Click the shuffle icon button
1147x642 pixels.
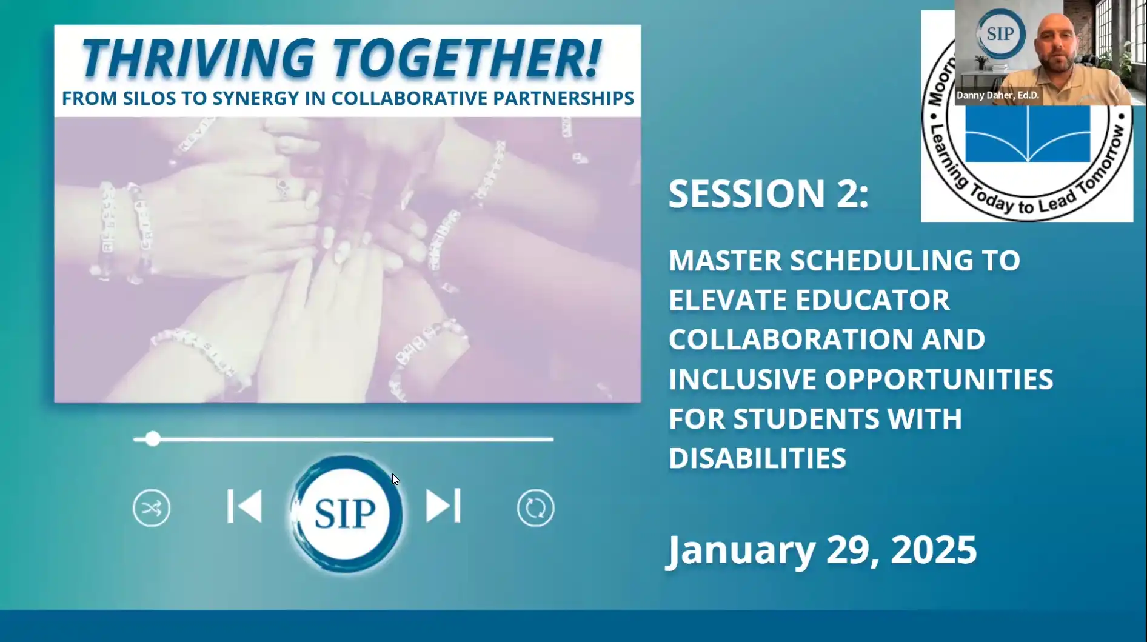tap(152, 508)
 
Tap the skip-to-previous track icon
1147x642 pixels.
tap(244, 506)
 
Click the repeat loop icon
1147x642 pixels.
tap(535, 508)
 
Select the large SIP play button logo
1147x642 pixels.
tap(346, 513)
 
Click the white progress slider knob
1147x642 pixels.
tap(153, 439)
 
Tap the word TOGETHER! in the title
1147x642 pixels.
tap(467, 59)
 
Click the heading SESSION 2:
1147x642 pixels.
tap(768, 194)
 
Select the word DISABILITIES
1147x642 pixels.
tap(757, 458)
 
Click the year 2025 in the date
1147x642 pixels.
tap(933, 550)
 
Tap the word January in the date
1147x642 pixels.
tap(741, 550)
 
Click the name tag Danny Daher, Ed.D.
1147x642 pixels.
tap(997, 95)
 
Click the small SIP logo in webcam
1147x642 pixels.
tap(1000, 34)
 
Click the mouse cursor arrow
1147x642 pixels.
tap(395, 480)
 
